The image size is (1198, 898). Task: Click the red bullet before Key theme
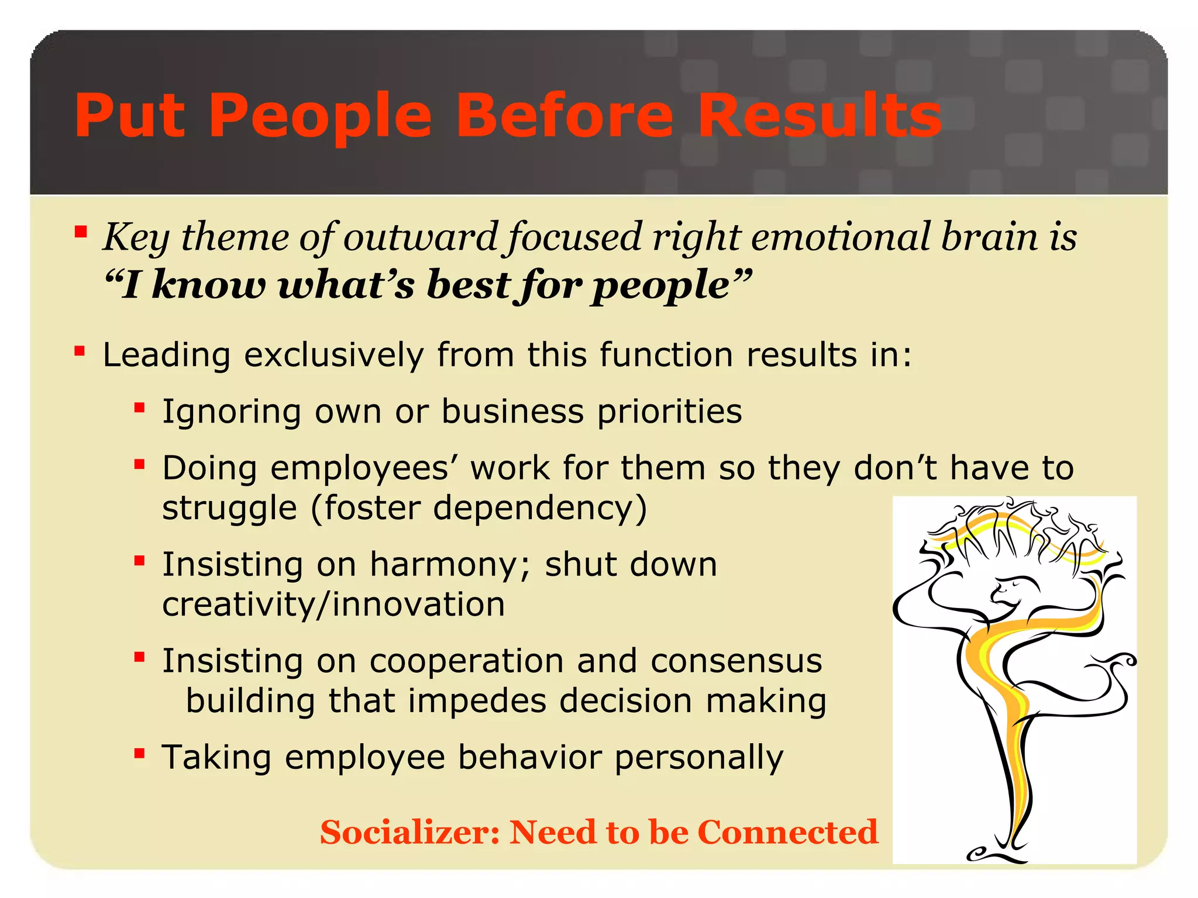tap(81, 233)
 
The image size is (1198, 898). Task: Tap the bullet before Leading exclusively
tap(80, 351)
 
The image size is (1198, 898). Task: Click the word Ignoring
tap(232, 412)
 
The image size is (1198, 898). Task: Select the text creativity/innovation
tap(333, 604)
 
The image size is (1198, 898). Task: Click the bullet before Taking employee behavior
tap(139, 753)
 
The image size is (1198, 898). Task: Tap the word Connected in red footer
tap(787, 832)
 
